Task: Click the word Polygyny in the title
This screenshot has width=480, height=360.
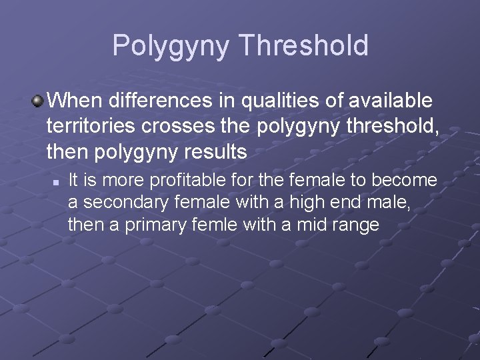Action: tap(171, 45)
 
